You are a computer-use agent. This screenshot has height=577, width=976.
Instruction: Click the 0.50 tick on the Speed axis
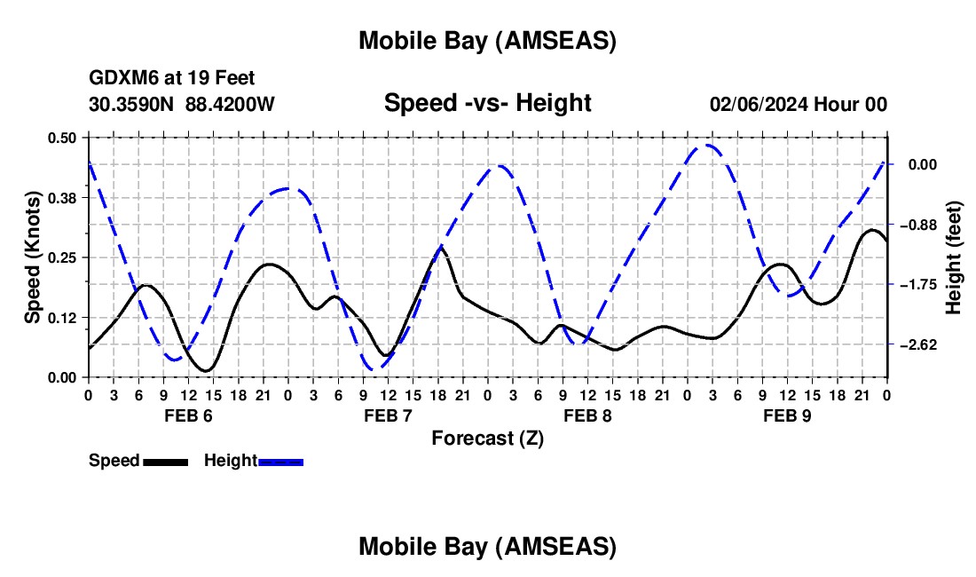click(64, 138)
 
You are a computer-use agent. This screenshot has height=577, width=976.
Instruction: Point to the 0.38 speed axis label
click(64, 197)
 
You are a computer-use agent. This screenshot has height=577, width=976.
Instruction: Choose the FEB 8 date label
click(586, 415)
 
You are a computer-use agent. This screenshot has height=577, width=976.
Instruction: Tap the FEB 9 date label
click(786, 415)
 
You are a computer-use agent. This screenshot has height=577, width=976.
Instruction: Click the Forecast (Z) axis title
click(487, 438)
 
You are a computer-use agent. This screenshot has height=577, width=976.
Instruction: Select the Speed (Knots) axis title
click(33, 257)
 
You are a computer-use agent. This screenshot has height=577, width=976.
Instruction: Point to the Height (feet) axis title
click(954, 257)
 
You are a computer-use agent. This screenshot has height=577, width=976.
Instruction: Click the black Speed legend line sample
click(165, 461)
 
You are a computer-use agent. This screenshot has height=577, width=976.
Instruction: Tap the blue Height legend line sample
click(280, 461)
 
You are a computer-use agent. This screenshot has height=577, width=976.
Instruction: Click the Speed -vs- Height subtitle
click(487, 104)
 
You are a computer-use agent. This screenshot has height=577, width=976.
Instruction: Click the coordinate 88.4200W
click(230, 105)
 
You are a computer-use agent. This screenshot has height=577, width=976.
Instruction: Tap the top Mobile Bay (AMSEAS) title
click(487, 40)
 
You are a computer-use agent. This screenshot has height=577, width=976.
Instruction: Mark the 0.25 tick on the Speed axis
click(64, 257)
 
